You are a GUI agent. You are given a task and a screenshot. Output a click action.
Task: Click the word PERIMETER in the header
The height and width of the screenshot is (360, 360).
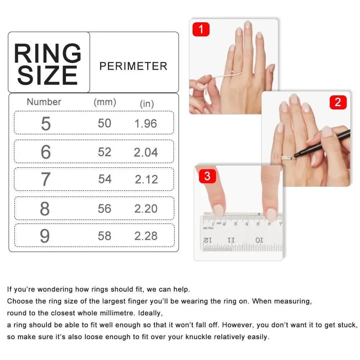(133, 66)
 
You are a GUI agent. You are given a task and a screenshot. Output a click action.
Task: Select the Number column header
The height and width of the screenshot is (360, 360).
(44, 102)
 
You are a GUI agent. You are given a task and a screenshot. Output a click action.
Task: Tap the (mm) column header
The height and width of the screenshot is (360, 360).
(105, 102)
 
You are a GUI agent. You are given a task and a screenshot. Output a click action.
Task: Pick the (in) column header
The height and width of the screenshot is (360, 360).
(147, 104)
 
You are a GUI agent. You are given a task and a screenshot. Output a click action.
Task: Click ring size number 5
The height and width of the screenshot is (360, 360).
(46, 124)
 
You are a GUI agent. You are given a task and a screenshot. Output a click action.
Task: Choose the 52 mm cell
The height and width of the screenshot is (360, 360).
(104, 152)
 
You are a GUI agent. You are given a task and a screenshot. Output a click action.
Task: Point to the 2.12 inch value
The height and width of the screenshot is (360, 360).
(146, 179)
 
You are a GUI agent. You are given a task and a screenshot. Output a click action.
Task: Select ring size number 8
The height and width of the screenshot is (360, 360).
(45, 209)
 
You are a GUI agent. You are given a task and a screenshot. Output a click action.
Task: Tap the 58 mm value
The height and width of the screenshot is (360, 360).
(104, 236)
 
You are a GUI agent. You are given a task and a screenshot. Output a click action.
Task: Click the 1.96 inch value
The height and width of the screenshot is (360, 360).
(146, 124)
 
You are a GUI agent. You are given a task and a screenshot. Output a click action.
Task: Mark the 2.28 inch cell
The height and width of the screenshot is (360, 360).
(146, 236)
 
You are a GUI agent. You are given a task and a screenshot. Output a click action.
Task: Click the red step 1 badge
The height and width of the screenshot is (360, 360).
(201, 29)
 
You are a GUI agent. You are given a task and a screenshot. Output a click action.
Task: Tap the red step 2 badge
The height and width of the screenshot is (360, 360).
(338, 102)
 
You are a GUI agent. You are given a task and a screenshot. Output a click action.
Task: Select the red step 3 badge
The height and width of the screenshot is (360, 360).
(207, 176)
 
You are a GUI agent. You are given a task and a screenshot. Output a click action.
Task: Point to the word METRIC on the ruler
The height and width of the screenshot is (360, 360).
(208, 228)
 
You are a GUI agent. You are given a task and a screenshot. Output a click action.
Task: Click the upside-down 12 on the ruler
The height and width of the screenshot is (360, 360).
(208, 240)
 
